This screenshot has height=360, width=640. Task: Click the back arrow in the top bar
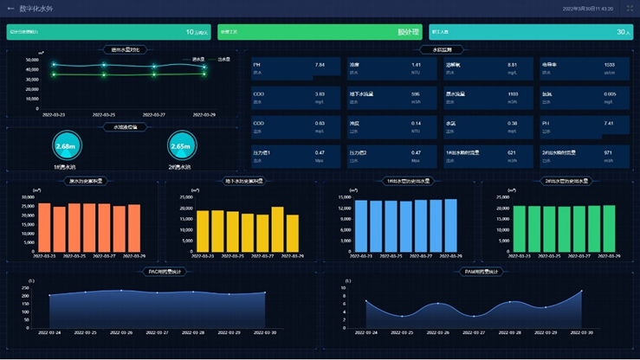click(x=10, y=9)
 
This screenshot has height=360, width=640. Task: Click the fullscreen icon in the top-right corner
click(x=630, y=9)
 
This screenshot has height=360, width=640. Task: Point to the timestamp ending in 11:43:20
click(x=587, y=9)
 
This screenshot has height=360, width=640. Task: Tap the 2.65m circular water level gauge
click(x=181, y=146)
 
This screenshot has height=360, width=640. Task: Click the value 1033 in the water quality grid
click(x=609, y=65)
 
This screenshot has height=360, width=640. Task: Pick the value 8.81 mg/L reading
click(x=512, y=65)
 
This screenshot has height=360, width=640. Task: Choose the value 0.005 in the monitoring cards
click(x=610, y=93)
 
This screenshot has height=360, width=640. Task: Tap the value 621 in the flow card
click(x=512, y=152)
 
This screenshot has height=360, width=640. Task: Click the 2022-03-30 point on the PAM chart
click(x=581, y=291)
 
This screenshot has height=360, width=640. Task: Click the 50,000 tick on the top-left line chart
click(x=30, y=52)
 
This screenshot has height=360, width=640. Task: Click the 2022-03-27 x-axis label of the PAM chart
click(x=475, y=332)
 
